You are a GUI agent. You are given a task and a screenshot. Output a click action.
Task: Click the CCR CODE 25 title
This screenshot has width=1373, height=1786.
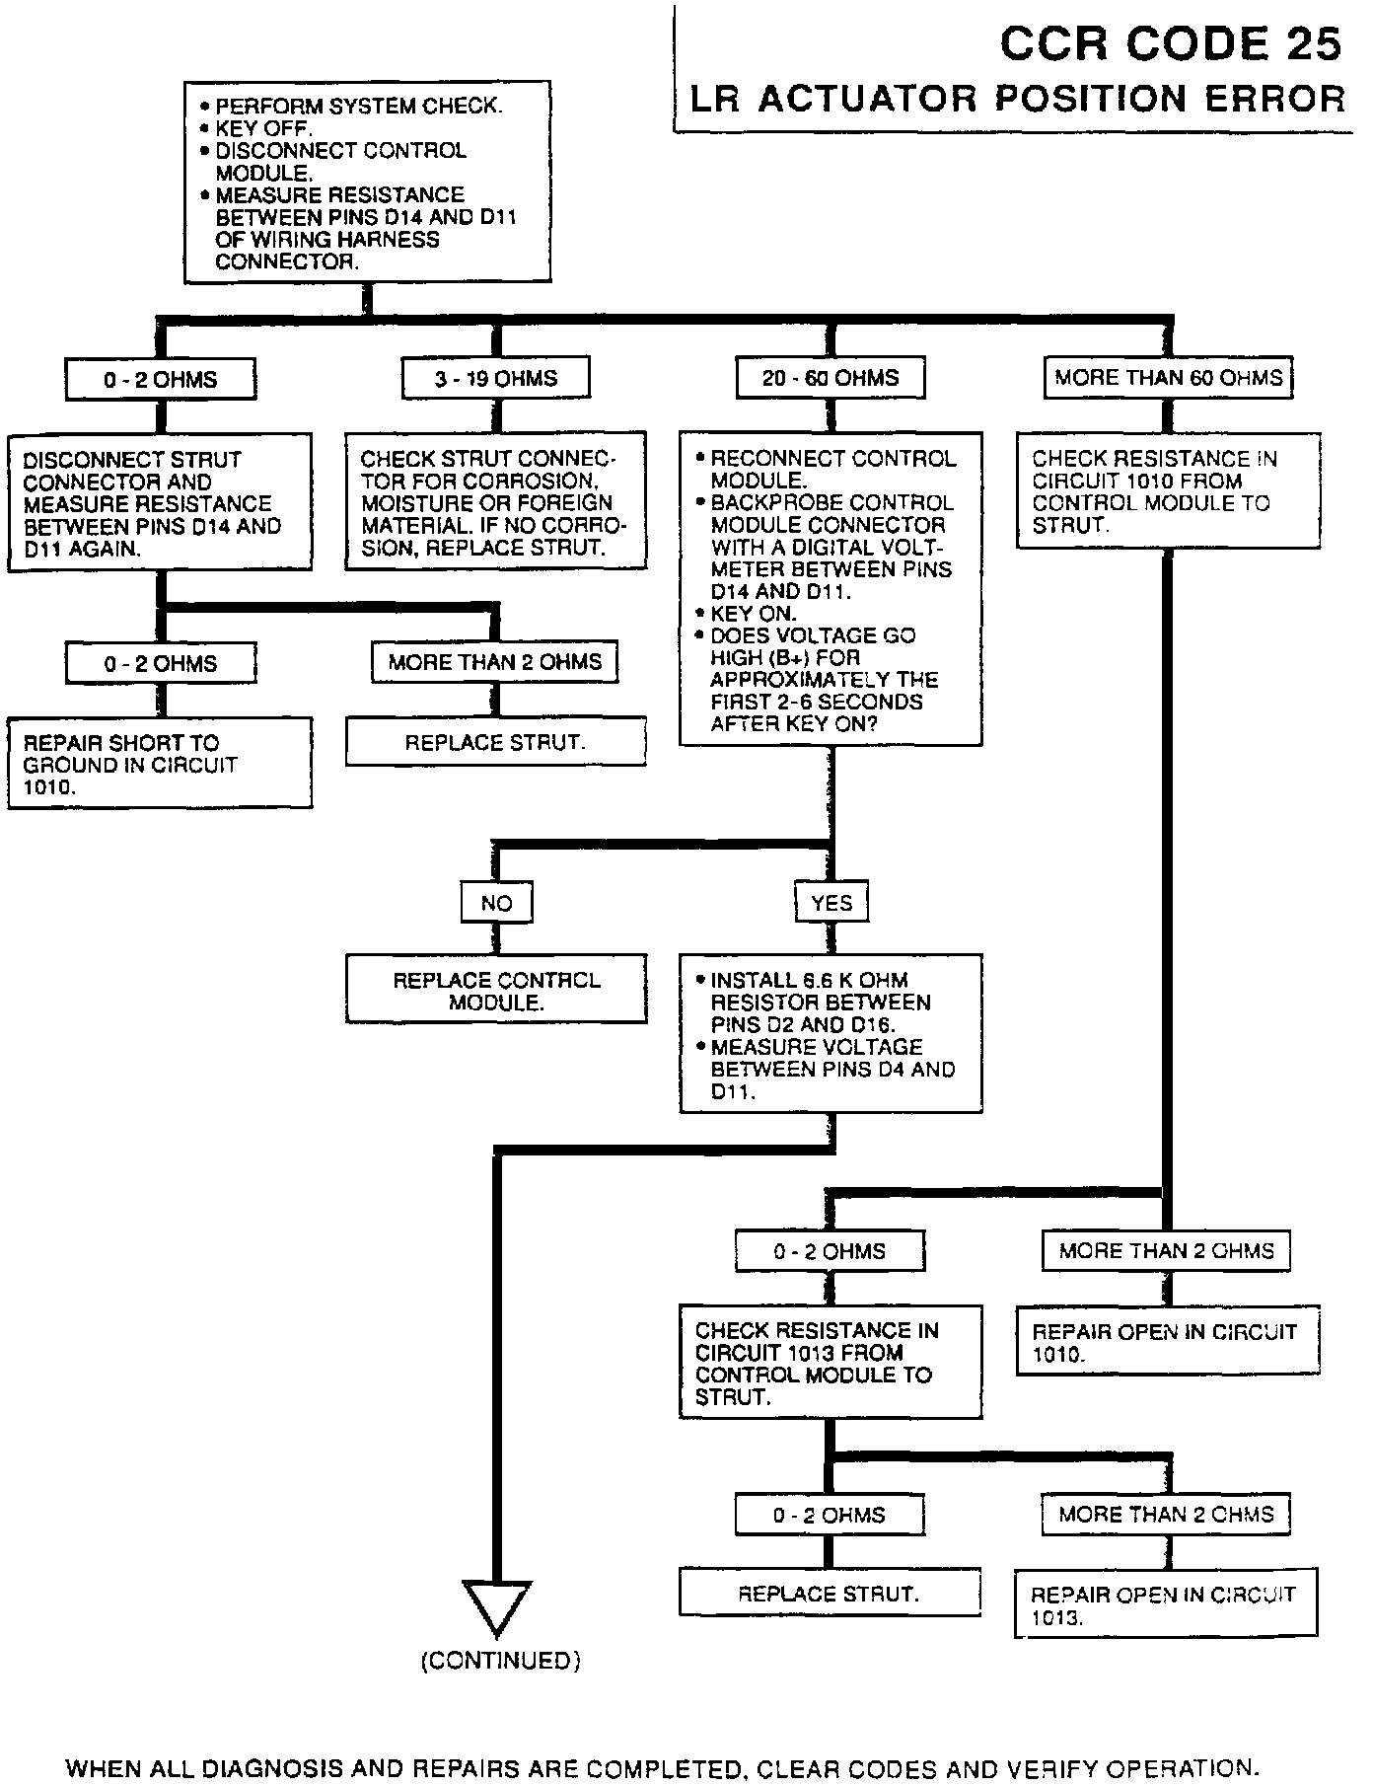tap(1170, 44)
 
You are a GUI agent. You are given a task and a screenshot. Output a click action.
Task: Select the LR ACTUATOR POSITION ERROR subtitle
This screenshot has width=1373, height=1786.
tap(1016, 99)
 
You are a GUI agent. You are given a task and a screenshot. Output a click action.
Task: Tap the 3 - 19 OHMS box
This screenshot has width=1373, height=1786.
tap(496, 378)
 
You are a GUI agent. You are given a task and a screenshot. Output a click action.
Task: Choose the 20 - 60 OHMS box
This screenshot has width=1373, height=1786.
tap(831, 378)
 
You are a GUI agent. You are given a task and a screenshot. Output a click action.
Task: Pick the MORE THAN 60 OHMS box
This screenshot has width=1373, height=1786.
tap(1168, 378)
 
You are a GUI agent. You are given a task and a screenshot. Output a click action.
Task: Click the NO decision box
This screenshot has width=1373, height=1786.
tap(496, 903)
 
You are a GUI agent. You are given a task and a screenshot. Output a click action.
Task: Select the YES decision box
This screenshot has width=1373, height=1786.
tap(831, 903)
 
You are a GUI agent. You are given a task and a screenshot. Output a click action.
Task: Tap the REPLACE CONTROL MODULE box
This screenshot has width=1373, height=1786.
tap(496, 990)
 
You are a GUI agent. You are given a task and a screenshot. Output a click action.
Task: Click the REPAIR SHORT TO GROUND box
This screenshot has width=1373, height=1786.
tap(160, 764)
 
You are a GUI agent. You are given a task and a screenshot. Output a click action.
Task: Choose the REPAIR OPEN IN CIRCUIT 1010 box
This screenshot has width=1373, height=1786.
tap(1167, 1341)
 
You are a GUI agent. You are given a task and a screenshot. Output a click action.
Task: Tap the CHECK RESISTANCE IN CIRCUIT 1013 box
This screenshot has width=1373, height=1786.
tap(831, 1363)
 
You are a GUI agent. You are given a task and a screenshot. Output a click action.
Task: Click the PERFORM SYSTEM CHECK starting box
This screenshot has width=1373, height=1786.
tap(367, 184)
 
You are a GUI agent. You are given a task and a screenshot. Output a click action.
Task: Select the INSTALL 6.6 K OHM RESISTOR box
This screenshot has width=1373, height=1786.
tap(831, 1034)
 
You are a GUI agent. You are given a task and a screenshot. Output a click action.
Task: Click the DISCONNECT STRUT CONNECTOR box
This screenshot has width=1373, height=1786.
tap(160, 502)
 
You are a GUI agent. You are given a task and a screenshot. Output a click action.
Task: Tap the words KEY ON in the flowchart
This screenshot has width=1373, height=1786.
tap(752, 614)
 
